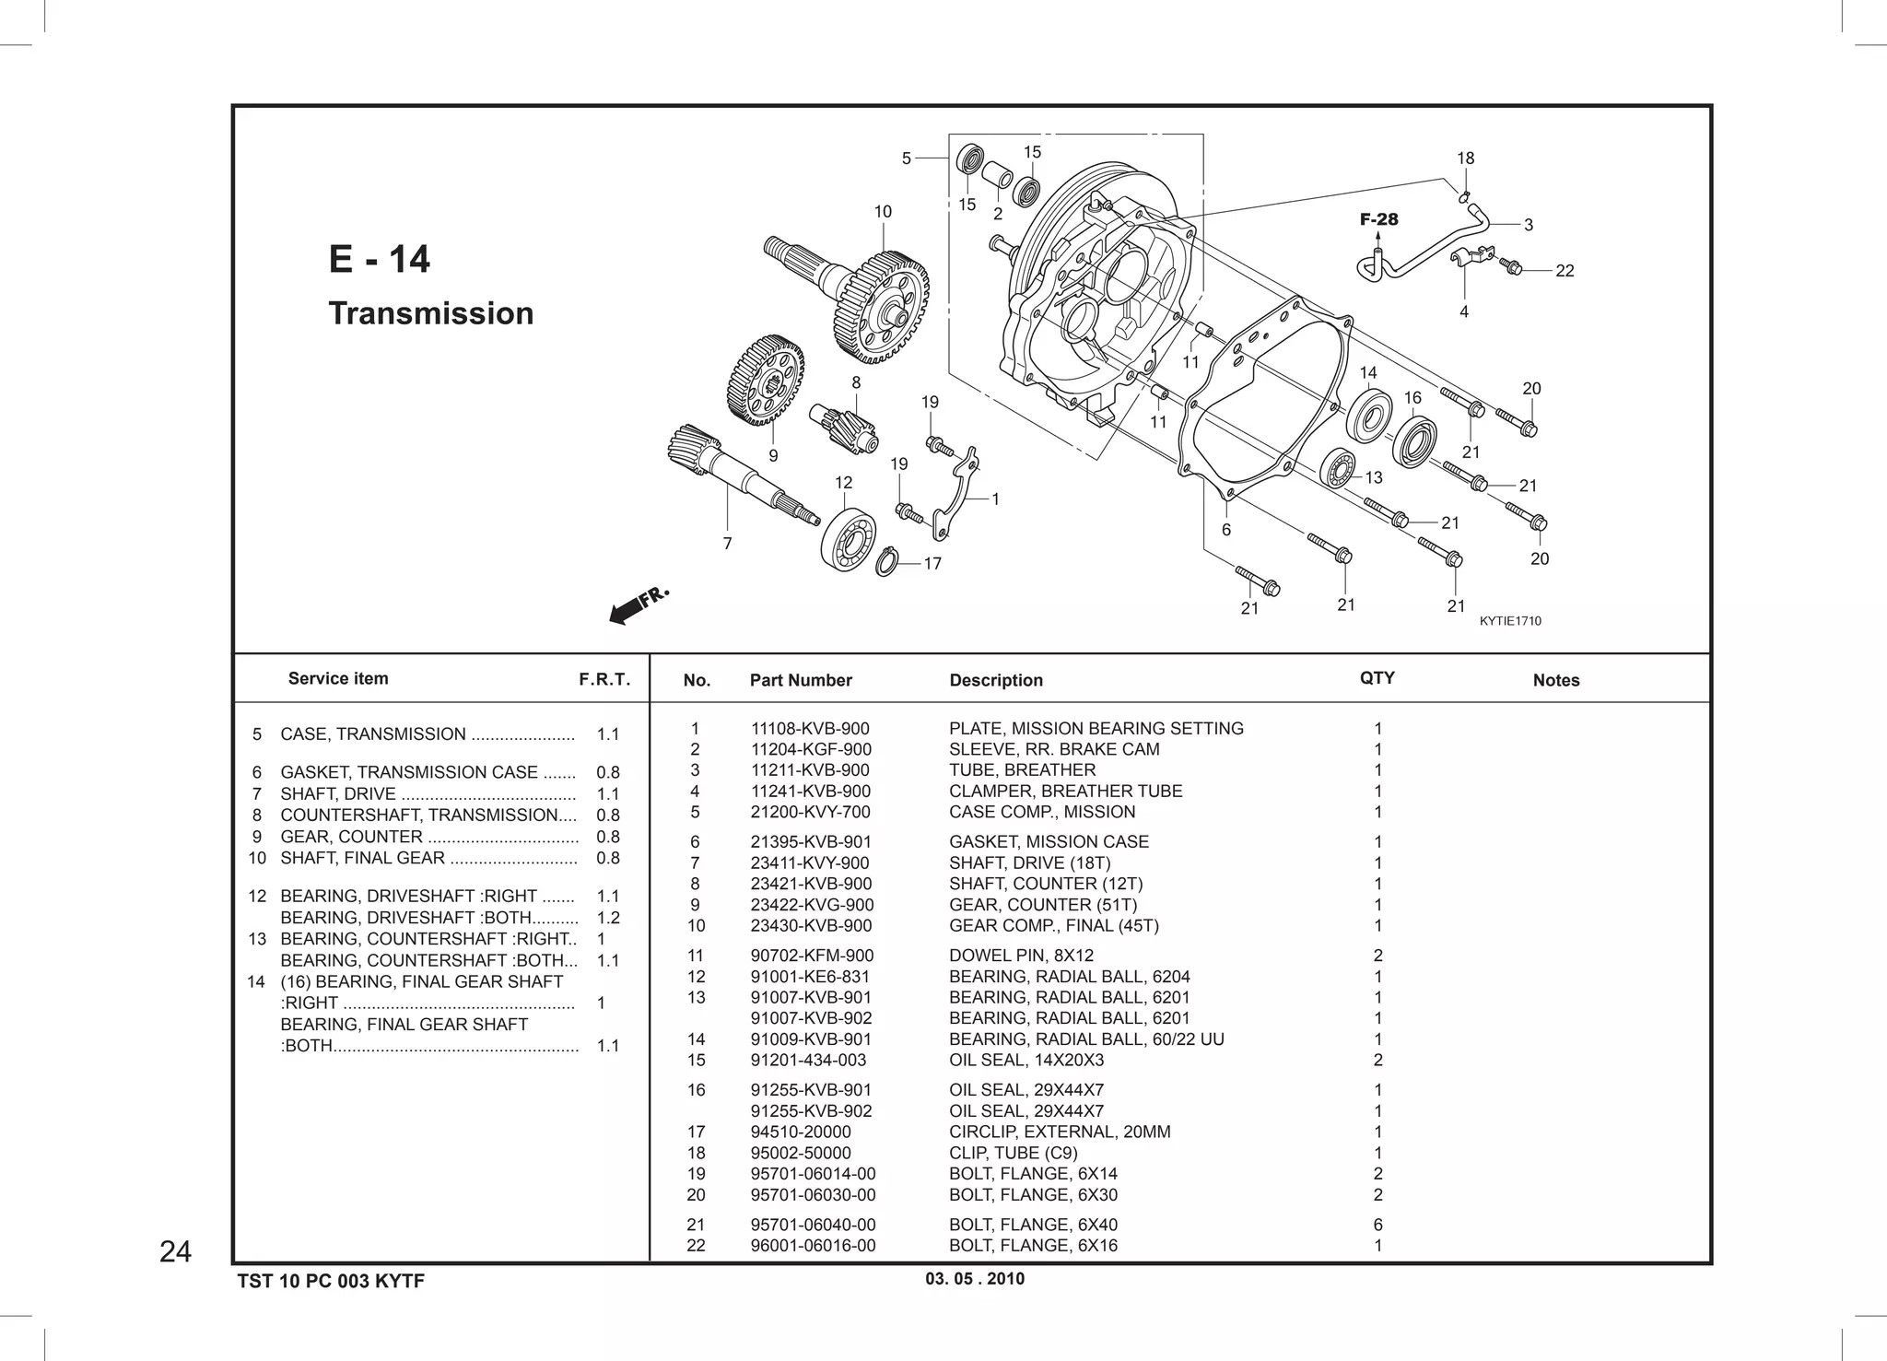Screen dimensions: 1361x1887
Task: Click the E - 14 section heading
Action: (x=379, y=259)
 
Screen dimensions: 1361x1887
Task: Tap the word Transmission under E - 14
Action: (x=430, y=313)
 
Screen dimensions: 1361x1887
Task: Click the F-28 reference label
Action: (x=1378, y=219)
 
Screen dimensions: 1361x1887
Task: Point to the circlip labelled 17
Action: (x=886, y=561)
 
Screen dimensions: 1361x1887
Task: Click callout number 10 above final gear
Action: (x=883, y=212)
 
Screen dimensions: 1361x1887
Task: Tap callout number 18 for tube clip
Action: (x=1465, y=158)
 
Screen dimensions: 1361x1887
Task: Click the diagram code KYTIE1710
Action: (x=1510, y=621)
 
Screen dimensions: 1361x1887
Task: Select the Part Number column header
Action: (x=800, y=680)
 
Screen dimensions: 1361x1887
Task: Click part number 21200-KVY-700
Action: (x=810, y=812)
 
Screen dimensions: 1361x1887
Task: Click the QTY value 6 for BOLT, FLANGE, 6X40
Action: (x=1377, y=1225)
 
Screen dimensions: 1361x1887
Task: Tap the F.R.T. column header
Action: (x=604, y=680)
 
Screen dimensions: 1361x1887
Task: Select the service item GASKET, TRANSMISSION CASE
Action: (x=408, y=772)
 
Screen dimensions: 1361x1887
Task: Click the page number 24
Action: (x=175, y=1251)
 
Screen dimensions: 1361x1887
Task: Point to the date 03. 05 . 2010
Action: (x=974, y=1279)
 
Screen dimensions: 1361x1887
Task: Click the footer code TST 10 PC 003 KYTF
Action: (x=331, y=1281)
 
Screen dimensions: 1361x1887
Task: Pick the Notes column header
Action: (x=1555, y=680)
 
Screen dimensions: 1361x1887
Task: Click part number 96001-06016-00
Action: (x=813, y=1246)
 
